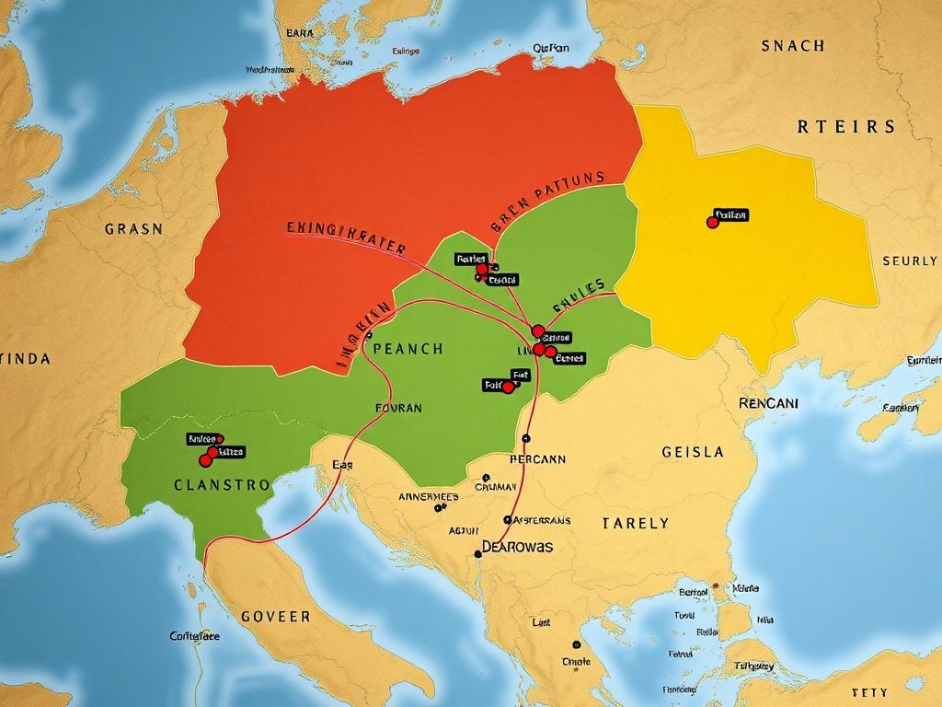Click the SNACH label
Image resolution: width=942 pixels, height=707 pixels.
pyautogui.click(x=793, y=45)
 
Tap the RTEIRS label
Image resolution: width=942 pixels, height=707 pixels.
pyautogui.click(x=845, y=127)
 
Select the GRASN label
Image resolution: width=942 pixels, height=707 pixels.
pyautogui.click(x=133, y=228)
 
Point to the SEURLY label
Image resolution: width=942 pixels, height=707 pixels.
pyautogui.click(x=910, y=261)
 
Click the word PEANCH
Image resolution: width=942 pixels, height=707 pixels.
pyautogui.click(x=408, y=350)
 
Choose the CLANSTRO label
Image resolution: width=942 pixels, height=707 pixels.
pyautogui.click(x=222, y=484)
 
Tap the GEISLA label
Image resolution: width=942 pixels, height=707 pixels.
pyautogui.click(x=693, y=452)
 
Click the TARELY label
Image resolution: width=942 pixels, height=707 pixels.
pyautogui.click(x=636, y=523)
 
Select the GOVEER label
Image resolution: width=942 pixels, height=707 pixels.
pyautogui.click(x=275, y=616)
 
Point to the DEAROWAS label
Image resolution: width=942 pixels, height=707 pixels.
pyautogui.click(x=518, y=547)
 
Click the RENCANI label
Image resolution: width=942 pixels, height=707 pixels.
pyautogui.click(x=769, y=403)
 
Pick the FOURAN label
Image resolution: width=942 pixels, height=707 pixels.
pyautogui.click(x=399, y=407)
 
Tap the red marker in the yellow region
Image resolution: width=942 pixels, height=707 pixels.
pyautogui.click(x=712, y=222)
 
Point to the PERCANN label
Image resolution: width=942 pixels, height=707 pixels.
pyautogui.click(x=537, y=458)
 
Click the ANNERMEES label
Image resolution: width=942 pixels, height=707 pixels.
pyautogui.click(x=428, y=496)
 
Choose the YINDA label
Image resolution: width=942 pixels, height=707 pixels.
pyautogui.click(x=25, y=359)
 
